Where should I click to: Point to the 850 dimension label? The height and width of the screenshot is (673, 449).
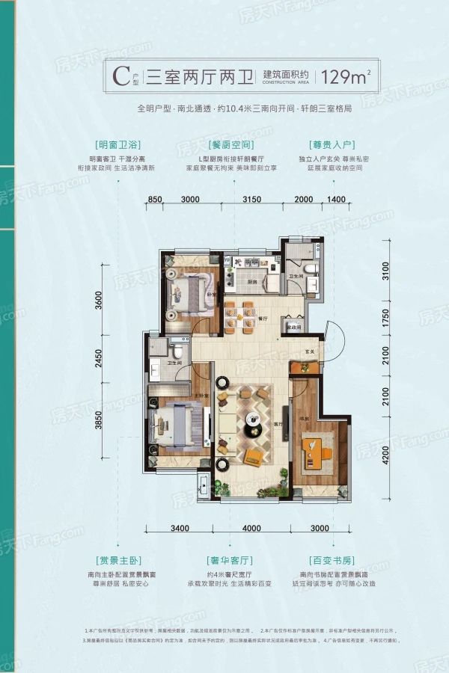pyautogui.click(x=154, y=198)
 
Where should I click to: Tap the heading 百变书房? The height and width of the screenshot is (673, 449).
pyautogui.click(x=331, y=560)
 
